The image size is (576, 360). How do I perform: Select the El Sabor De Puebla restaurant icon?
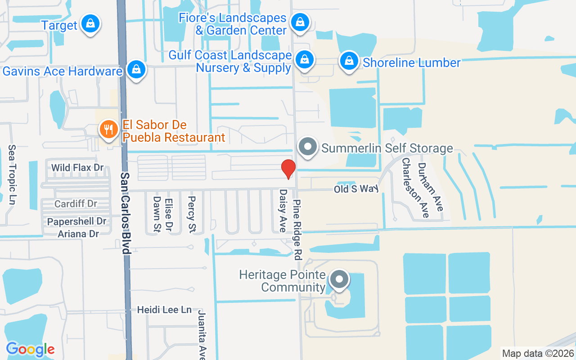(x=108, y=130)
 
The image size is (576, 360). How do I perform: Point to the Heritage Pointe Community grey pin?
(x=339, y=279)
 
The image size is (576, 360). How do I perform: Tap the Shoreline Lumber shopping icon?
(x=349, y=61)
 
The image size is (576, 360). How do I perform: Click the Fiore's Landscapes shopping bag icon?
(x=299, y=21)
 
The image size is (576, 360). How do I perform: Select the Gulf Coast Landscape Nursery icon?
(x=305, y=59)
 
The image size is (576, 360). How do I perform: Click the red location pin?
(x=288, y=169)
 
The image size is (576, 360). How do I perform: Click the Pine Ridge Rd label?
(x=297, y=229)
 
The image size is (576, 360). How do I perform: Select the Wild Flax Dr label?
(x=77, y=168)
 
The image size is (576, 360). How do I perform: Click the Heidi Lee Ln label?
(x=164, y=310)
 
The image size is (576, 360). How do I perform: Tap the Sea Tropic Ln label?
(x=12, y=175)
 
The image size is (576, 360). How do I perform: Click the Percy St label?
(x=192, y=215)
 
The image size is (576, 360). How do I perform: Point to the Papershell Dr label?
(x=77, y=221)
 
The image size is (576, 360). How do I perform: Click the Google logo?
(x=30, y=349)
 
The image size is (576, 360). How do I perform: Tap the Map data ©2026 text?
(x=538, y=353)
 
